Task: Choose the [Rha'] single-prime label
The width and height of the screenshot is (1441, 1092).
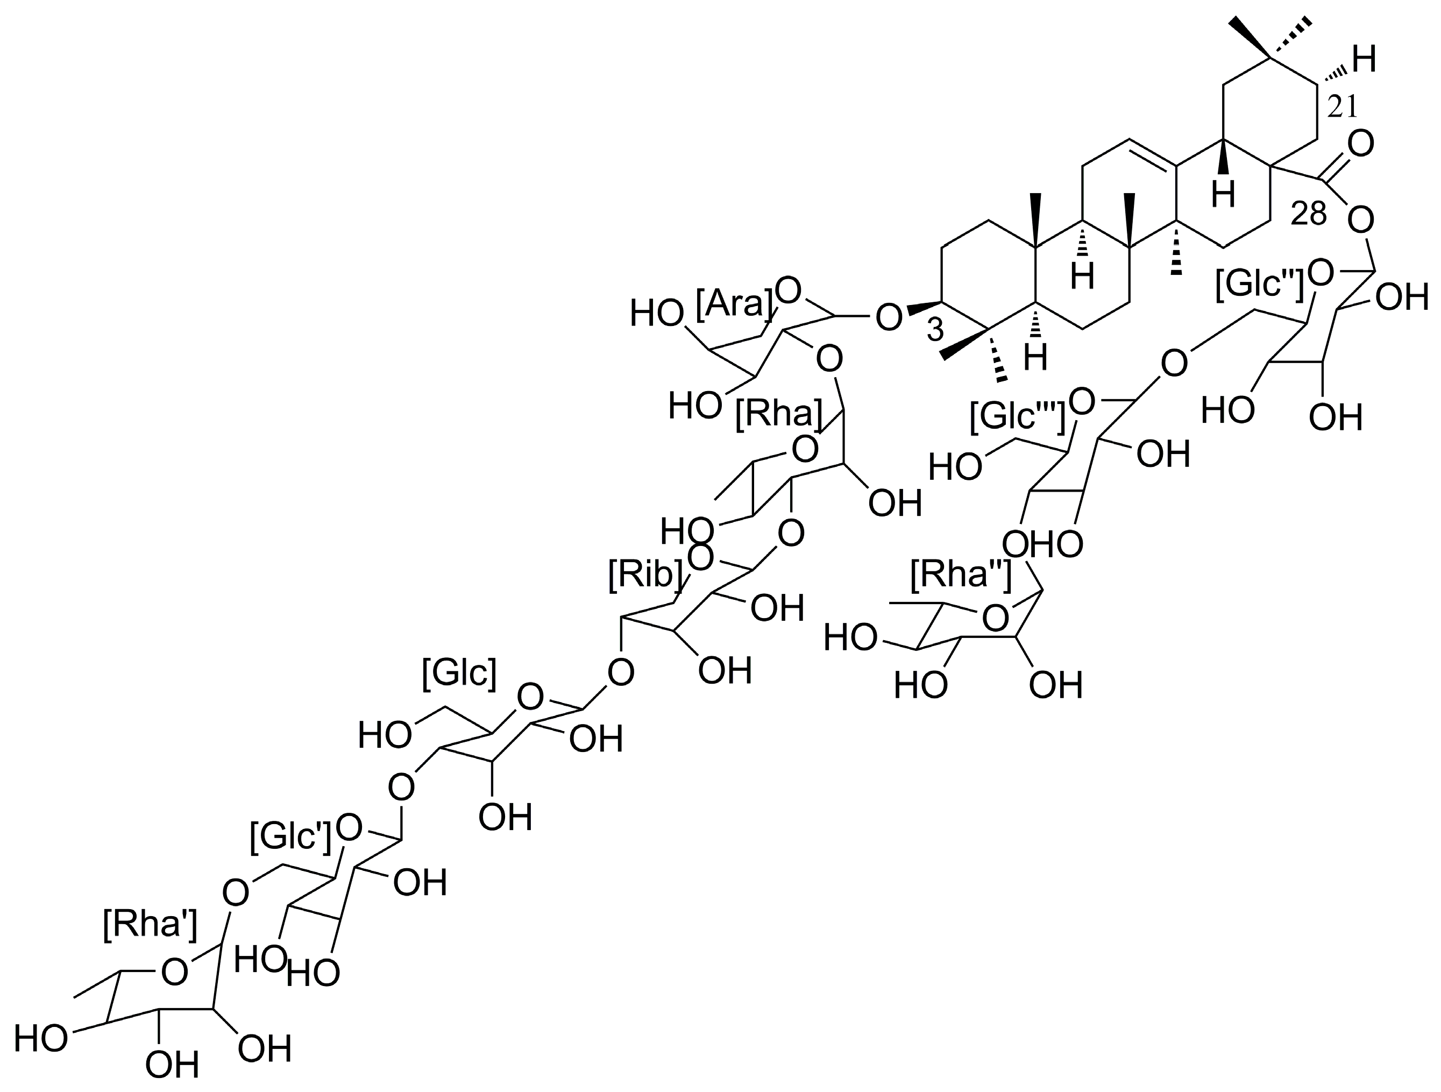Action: (150, 925)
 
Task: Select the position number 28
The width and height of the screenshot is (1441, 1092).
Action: (1309, 214)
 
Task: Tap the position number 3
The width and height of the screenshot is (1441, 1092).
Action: (935, 330)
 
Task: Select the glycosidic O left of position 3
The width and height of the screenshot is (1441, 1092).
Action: (889, 317)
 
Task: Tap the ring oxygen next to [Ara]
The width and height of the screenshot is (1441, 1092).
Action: (787, 291)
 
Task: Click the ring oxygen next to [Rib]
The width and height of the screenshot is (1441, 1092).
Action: (702, 558)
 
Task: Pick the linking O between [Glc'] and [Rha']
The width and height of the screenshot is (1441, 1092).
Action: (235, 891)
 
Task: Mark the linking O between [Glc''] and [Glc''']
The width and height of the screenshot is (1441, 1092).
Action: (1173, 363)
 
